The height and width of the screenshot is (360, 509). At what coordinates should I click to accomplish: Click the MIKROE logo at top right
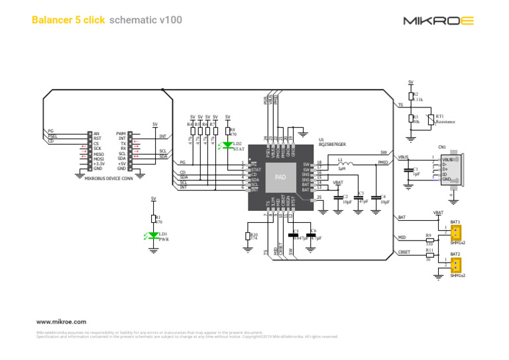438,21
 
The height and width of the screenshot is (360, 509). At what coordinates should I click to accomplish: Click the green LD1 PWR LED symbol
154,235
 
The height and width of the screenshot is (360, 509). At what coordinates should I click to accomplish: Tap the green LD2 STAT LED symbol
227,145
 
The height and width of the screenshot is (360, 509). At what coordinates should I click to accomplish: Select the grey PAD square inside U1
280,177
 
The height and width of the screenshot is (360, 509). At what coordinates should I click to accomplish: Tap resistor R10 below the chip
248,236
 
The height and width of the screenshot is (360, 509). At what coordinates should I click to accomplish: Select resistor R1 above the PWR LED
154,219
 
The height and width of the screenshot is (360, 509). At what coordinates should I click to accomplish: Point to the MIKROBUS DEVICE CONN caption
109,178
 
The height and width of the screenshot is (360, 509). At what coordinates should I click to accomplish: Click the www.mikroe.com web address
62,320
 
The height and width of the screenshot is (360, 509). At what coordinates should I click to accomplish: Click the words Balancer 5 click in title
68,21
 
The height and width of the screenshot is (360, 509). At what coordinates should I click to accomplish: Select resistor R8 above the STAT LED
227,131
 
